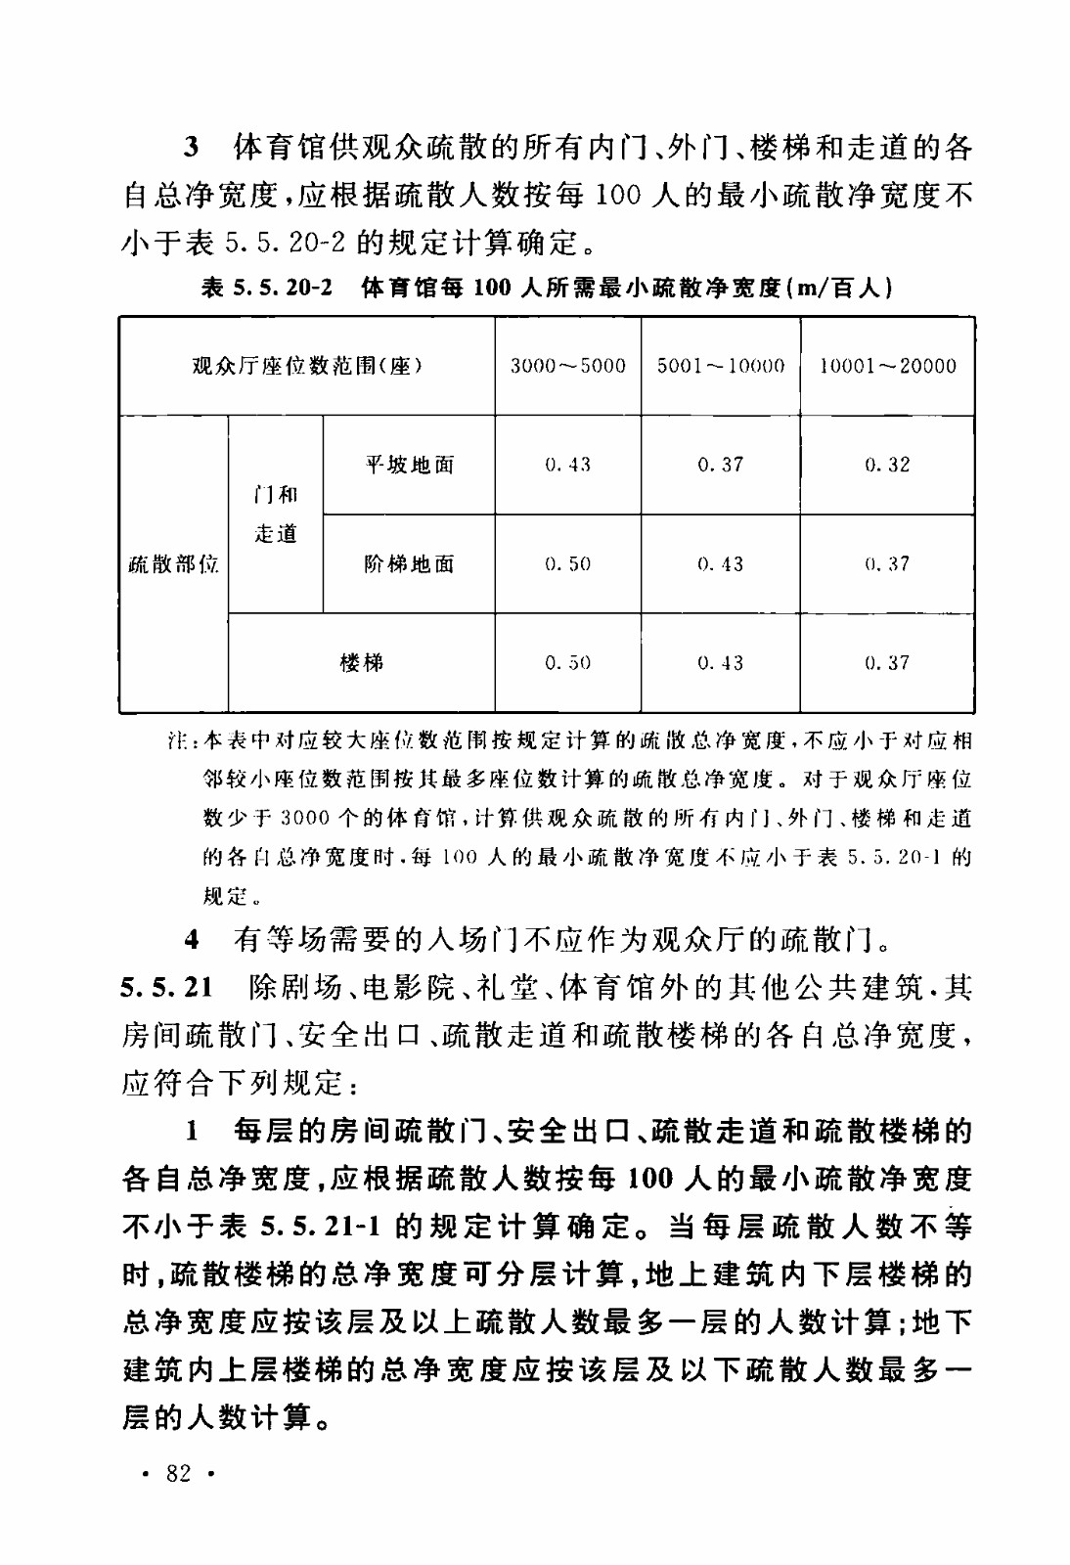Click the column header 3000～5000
(567, 366)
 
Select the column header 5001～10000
(721, 366)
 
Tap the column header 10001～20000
(887, 366)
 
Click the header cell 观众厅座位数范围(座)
(307, 366)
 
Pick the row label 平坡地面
(409, 465)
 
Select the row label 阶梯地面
(409, 564)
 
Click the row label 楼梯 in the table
(361, 663)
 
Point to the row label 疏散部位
(174, 564)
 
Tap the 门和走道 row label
(276, 514)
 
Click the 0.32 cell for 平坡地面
(887, 465)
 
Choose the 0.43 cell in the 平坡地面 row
(567, 465)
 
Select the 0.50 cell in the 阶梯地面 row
(567, 564)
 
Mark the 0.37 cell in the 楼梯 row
(887, 663)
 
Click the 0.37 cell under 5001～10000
(721, 465)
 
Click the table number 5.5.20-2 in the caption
(283, 288)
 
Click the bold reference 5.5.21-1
(325, 1227)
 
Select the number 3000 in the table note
(305, 818)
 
